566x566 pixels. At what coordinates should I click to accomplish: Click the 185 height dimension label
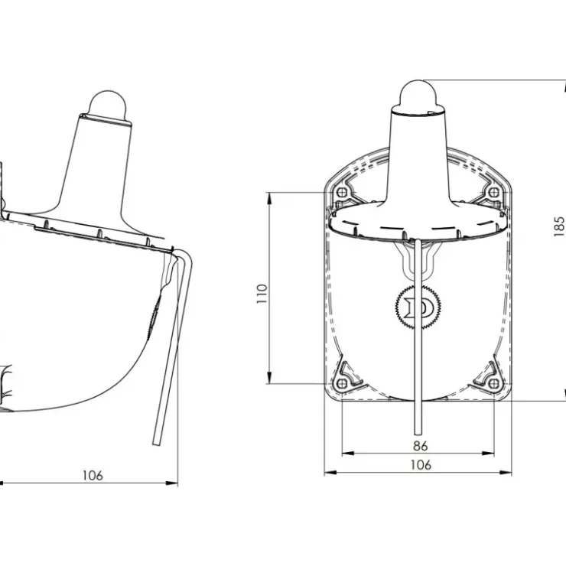tap(559, 226)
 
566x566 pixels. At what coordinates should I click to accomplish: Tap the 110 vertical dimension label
tap(262, 294)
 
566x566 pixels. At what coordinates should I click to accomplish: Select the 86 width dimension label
tap(420, 446)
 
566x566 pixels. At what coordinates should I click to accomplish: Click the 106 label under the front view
tap(421, 465)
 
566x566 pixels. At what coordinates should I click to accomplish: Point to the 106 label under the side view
tap(93, 476)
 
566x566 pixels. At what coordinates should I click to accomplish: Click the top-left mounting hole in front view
tap(341, 192)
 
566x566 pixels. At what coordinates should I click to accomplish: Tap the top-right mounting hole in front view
tap(494, 192)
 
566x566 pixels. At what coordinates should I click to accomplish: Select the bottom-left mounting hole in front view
tap(341, 383)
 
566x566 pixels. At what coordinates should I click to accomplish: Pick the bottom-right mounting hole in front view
tap(494, 383)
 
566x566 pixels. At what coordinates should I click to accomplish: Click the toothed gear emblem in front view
tap(418, 307)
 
